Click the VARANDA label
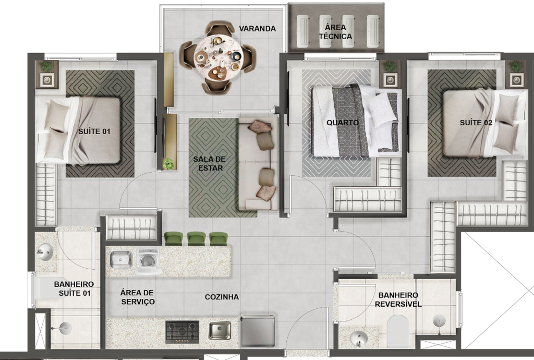257,29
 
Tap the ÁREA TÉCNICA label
335,32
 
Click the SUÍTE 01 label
94,131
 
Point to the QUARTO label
343,123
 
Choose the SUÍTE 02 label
476,123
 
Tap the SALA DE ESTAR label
209,163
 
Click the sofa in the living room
259,164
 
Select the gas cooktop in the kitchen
182,332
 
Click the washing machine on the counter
148,261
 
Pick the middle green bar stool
197,238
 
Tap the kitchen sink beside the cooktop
220,330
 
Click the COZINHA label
222,297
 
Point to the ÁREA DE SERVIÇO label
138,297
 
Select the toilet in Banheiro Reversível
397,331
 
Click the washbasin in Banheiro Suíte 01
45,253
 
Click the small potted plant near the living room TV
168,163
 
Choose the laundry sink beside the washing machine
121,259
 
